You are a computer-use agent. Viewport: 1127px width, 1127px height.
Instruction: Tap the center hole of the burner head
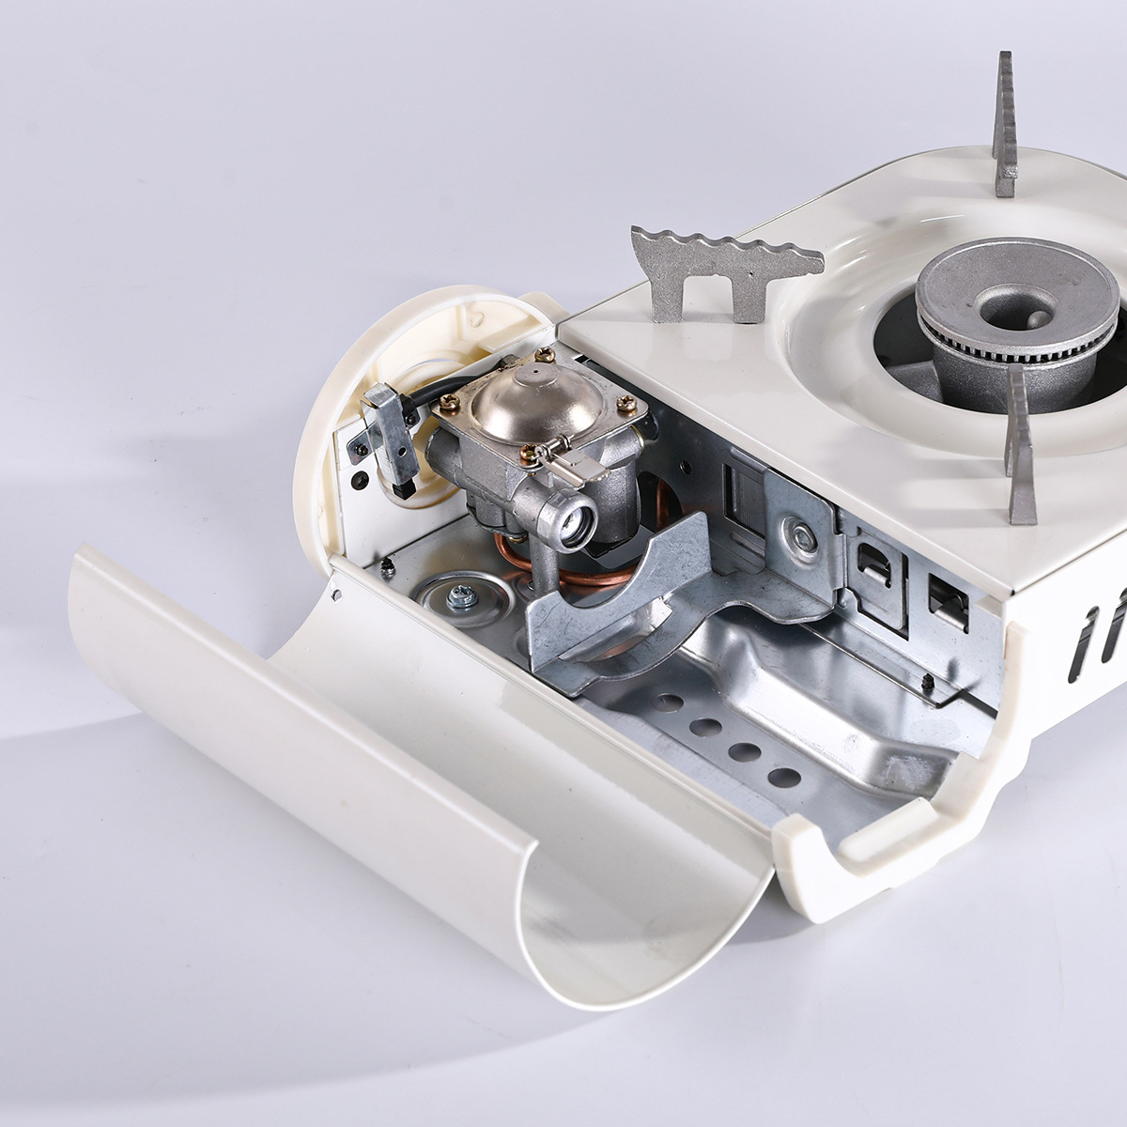coord(1016,303)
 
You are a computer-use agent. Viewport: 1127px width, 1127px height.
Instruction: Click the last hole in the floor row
coord(784,777)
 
